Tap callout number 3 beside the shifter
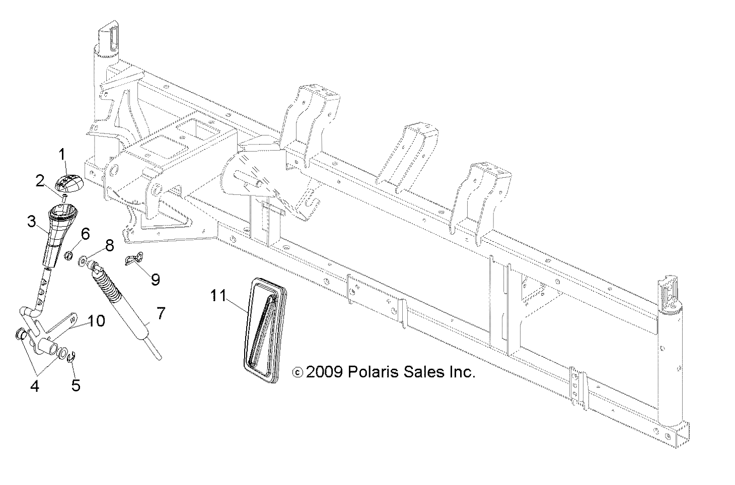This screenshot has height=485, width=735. click(x=32, y=221)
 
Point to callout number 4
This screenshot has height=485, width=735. click(x=35, y=387)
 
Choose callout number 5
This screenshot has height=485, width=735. click(x=76, y=385)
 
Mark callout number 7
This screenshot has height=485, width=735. click(x=160, y=313)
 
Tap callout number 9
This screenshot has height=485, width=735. click(x=156, y=279)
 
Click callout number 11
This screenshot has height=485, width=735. click(x=218, y=296)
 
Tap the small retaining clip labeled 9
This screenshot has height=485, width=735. click(x=133, y=260)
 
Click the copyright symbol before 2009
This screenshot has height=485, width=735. click(x=298, y=373)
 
